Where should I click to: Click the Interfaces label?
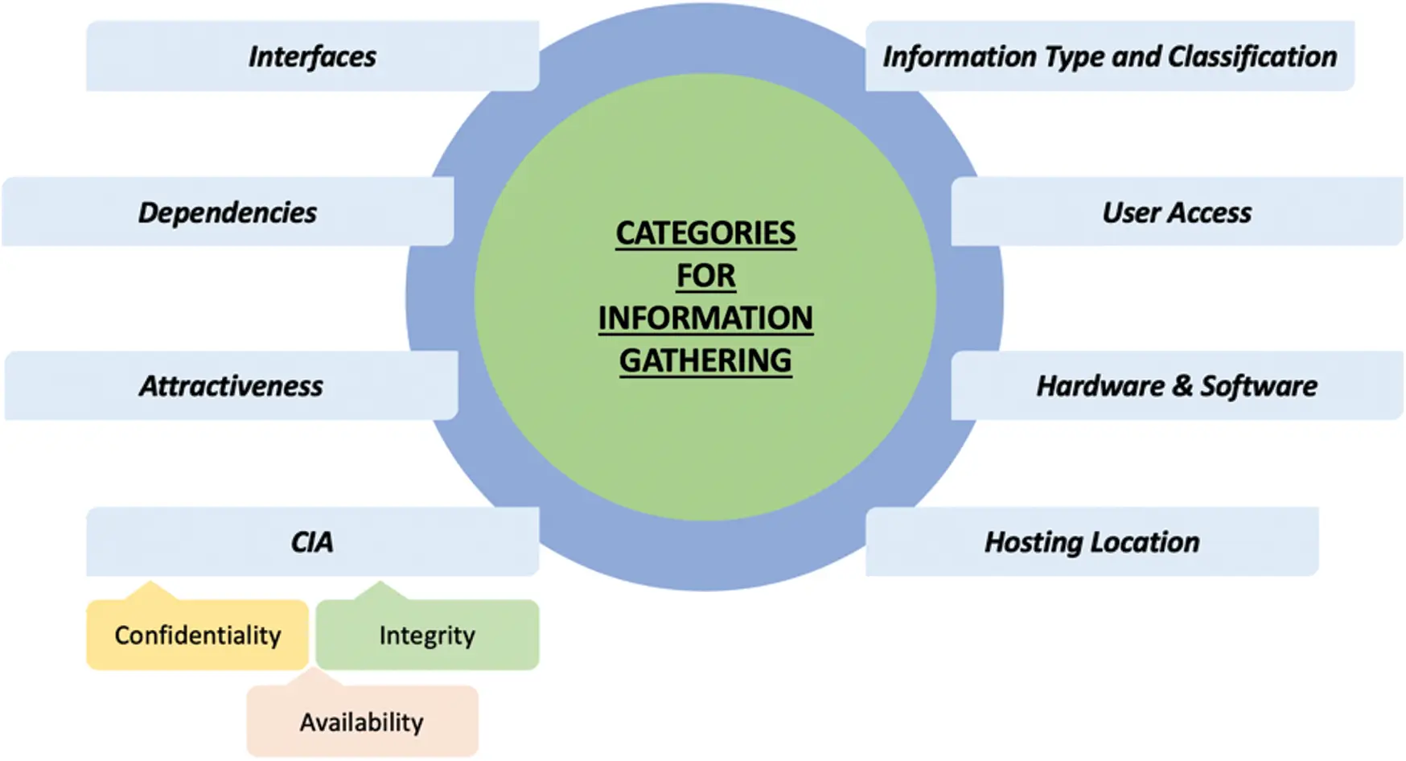point(312,56)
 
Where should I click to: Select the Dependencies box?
point(228,212)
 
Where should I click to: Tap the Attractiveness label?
point(231,386)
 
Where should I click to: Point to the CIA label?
point(312,542)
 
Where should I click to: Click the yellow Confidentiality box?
point(197,636)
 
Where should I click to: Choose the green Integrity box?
point(427,636)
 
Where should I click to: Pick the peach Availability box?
point(362,722)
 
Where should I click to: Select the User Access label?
point(1177,212)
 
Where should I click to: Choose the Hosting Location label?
point(1091,542)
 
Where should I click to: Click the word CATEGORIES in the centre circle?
point(705,233)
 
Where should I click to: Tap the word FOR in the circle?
point(705,276)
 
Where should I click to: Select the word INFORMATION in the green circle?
point(705,319)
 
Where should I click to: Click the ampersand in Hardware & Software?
point(1182,386)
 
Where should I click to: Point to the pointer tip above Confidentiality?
point(150,584)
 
